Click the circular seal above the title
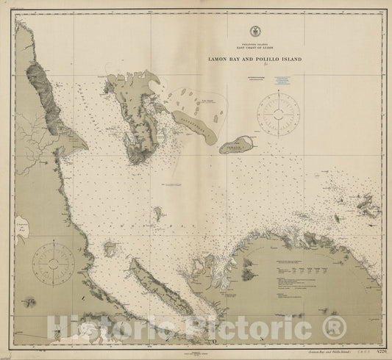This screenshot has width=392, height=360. point(254,32)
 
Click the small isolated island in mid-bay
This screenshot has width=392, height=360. point(157,214)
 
